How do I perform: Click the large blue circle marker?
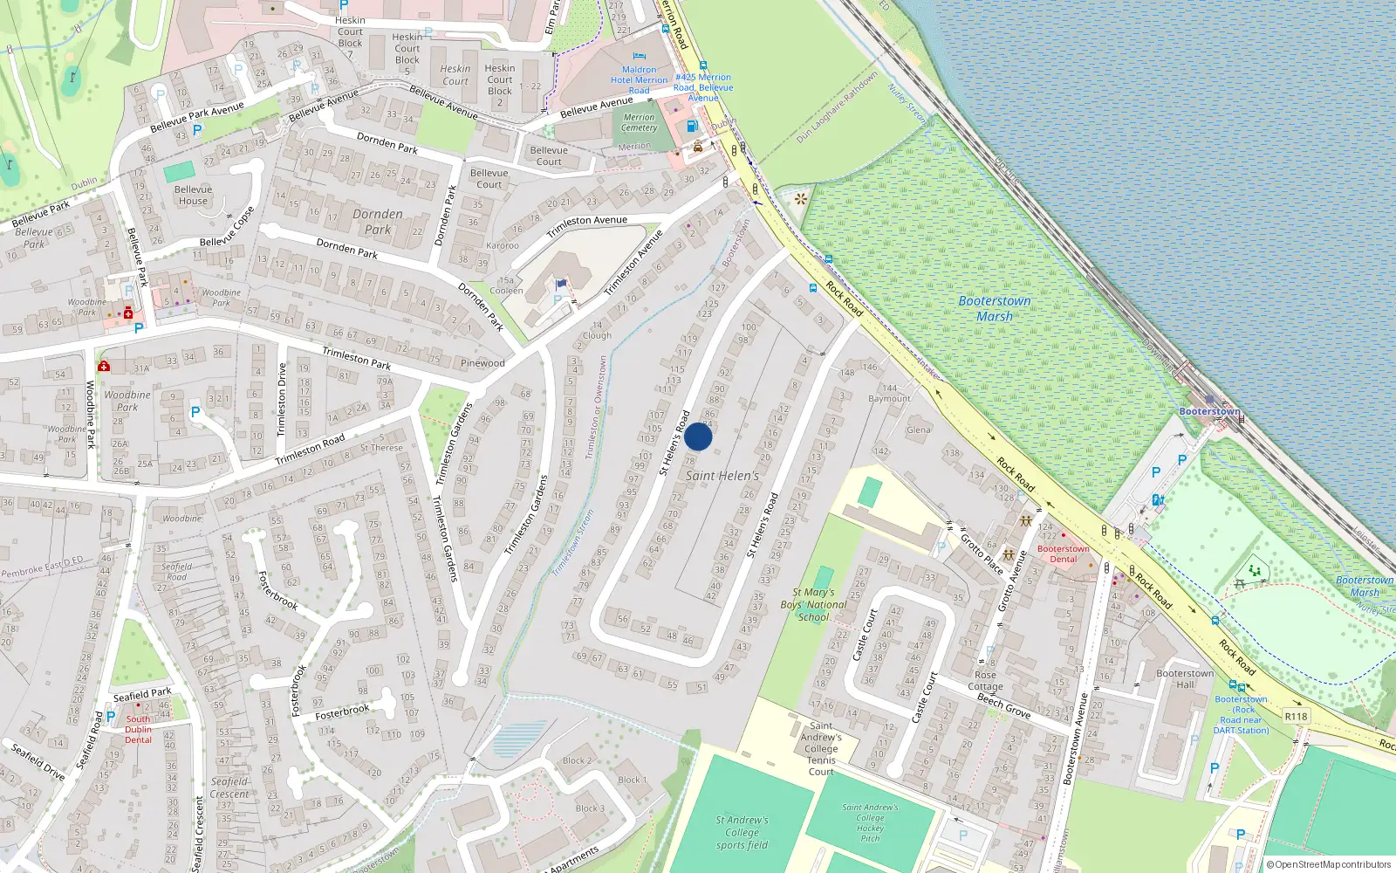(x=698, y=436)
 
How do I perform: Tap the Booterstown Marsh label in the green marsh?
(x=994, y=308)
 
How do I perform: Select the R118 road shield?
(x=1296, y=716)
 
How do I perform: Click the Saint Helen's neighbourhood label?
(x=722, y=476)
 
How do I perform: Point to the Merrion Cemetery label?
(x=639, y=122)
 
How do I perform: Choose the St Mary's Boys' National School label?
(x=813, y=604)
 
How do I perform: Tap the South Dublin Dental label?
(x=138, y=729)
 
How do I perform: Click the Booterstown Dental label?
(x=1063, y=553)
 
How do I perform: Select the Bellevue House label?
(x=193, y=195)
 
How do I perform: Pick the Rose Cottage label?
(x=985, y=680)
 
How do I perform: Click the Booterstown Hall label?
(x=1184, y=678)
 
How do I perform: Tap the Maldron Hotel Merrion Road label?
(x=639, y=79)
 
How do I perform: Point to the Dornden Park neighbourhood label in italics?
(x=378, y=222)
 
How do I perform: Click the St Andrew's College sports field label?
(x=742, y=832)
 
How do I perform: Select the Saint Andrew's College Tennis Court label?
(x=821, y=748)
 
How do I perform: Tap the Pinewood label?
(x=482, y=363)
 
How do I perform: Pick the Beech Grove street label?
(x=1003, y=705)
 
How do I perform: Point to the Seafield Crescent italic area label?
(x=229, y=787)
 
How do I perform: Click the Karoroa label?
(x=502, y=246)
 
